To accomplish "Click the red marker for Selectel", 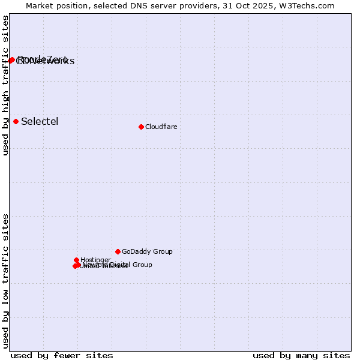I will coord(16,121).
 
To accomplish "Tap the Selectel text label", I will coord(40,121).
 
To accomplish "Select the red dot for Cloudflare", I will coord(141,127).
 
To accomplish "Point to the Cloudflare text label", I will coord(161,127).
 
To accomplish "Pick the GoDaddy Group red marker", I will coord(118,251).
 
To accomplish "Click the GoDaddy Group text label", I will coord(147,251).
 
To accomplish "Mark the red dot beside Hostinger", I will coord(77,260).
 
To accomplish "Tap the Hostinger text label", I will coord(95,260).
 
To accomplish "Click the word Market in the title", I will coord(41,5).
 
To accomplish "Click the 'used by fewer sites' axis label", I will coord(62,355).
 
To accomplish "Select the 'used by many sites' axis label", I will coord(301,355).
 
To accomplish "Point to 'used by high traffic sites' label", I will coord(6,85).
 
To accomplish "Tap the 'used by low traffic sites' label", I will coord(6,281).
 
